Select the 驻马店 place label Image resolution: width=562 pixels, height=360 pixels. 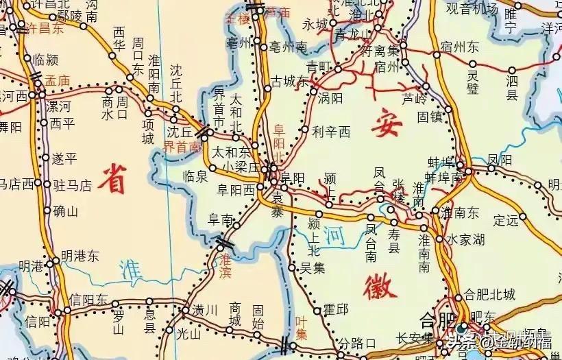pos(77,184)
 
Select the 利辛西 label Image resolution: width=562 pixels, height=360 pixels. pos(330,131)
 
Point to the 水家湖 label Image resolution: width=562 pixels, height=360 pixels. pos(466,239)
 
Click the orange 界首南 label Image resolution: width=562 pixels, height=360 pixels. pos(182,147)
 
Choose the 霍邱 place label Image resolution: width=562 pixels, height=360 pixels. pos(336,310)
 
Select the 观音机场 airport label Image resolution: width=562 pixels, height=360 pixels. pos(472,9)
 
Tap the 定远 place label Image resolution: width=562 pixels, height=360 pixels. pos(506,220)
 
